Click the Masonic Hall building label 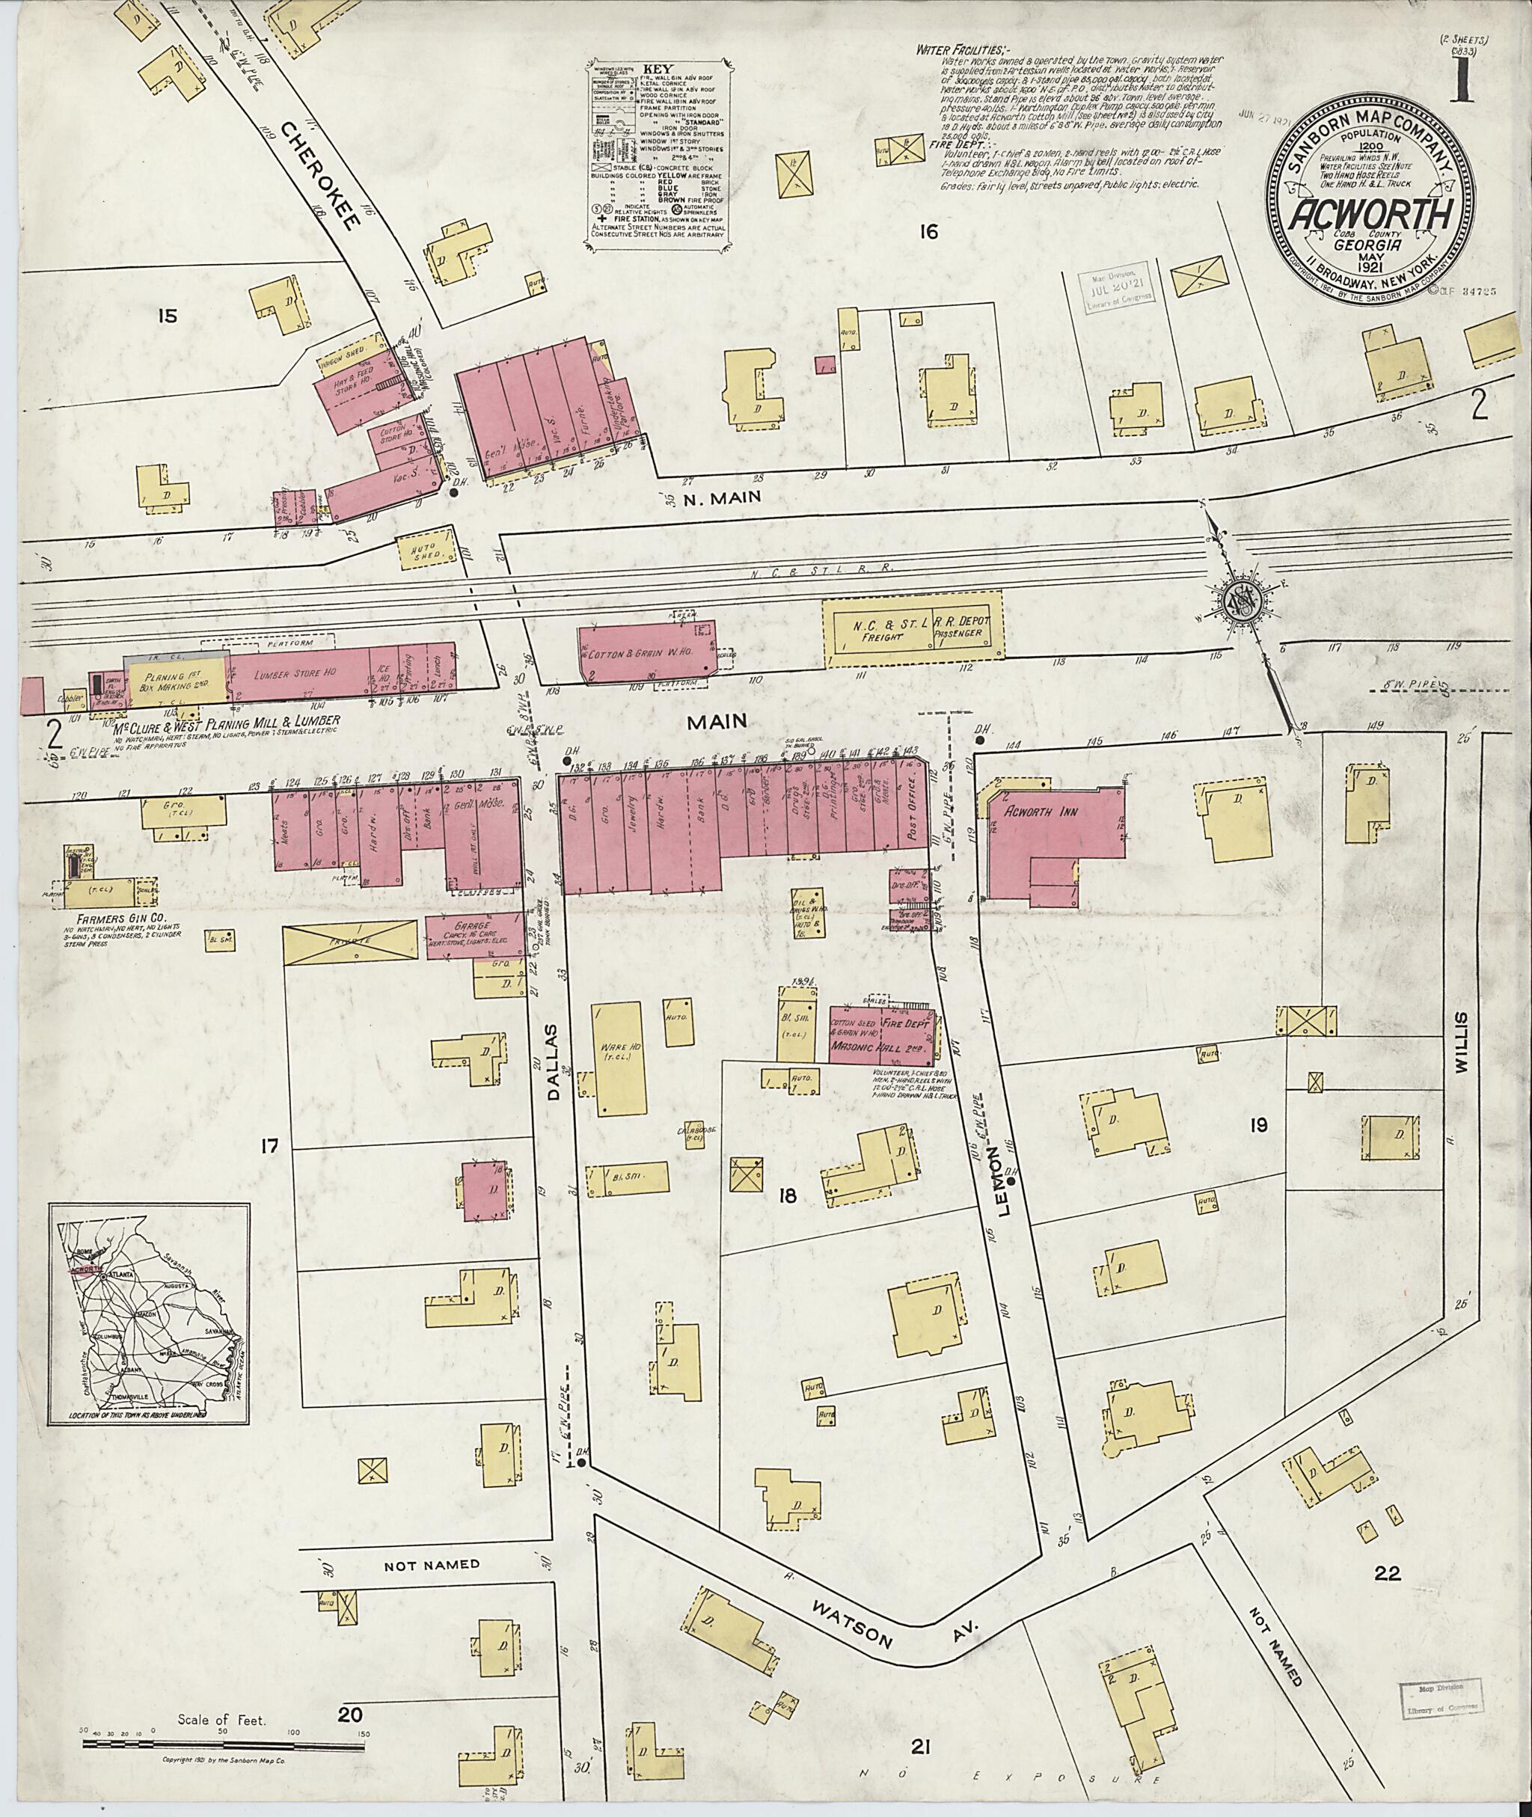pos(880,1048)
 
